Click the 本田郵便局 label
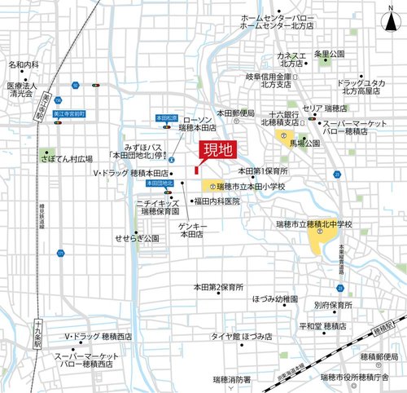(235, 112)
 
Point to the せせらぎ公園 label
(137, 239)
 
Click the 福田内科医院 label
(217, 201)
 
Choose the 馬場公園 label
(304, 142)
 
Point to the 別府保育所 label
(335, 305)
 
